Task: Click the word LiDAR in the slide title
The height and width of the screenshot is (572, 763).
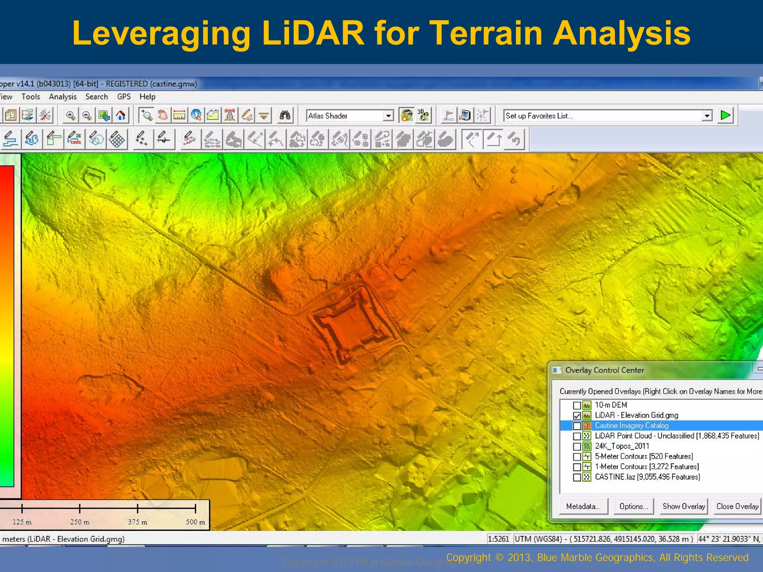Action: click(x=312, y=34)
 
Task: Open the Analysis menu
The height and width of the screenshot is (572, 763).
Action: click(x=63, y=97)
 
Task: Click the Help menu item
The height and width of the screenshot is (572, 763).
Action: click(x=147, y=97)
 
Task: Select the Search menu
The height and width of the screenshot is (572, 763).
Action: click(x=96, y=97)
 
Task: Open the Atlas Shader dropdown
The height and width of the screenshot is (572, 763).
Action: click(x=388, y=116)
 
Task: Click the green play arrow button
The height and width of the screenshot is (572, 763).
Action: click(x=725, y=115)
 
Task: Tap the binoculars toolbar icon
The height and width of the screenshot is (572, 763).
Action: click(x=285, y=115)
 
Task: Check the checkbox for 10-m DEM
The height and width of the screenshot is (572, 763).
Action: click(x=577, y=405)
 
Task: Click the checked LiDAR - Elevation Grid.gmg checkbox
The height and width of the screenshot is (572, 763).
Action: click(x=577, y=416)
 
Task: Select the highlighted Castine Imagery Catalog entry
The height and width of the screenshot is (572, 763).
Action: click(x=631, y=426)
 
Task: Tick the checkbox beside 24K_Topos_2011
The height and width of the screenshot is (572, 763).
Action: click(x=577, y=447)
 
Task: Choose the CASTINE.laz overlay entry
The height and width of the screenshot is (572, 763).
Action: click(x=647, y=477)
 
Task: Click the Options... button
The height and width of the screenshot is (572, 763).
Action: click(x=633, y=506)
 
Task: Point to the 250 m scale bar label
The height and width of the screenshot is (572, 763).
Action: click(x=80, y=522)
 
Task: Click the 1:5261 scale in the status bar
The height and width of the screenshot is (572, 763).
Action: click(x=498, y=539)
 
